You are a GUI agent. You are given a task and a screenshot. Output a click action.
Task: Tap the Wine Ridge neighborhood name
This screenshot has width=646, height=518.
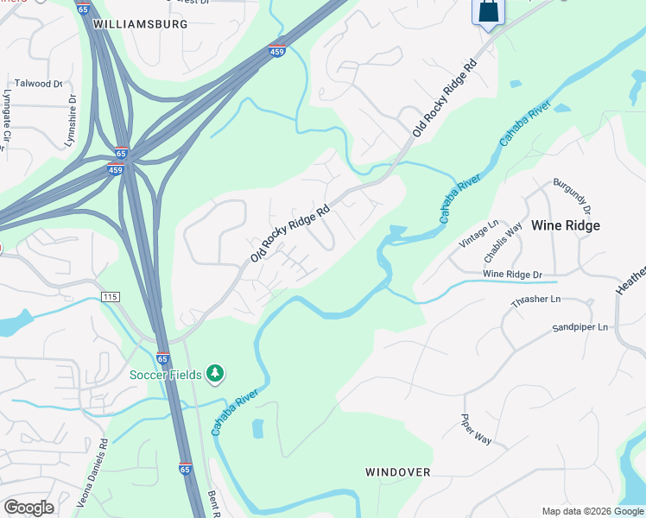pos(565,225)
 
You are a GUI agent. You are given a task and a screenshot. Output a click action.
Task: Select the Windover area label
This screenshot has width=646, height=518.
pos(397,472)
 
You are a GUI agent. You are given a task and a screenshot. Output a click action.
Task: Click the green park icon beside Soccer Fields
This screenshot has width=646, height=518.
pos(215,374)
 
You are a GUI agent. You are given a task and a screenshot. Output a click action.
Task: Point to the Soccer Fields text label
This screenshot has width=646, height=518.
pos(166,375)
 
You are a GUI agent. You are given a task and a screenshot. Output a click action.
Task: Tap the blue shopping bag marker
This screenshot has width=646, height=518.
pos(487,12)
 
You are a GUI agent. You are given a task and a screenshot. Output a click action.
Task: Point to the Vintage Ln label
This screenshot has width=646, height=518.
pos(479,234)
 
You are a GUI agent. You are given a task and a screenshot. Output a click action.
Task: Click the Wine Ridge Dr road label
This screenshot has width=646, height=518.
pos(511,274)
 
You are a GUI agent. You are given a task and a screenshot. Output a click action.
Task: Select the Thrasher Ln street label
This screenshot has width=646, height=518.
pos(535,299)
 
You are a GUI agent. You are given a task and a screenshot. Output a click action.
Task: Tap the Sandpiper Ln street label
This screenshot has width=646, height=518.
pos(580,328)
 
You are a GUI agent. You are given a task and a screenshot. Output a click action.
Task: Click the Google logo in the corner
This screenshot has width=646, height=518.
pos(28,508)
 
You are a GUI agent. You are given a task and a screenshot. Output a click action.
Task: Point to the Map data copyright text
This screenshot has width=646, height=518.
pos(592,511)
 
